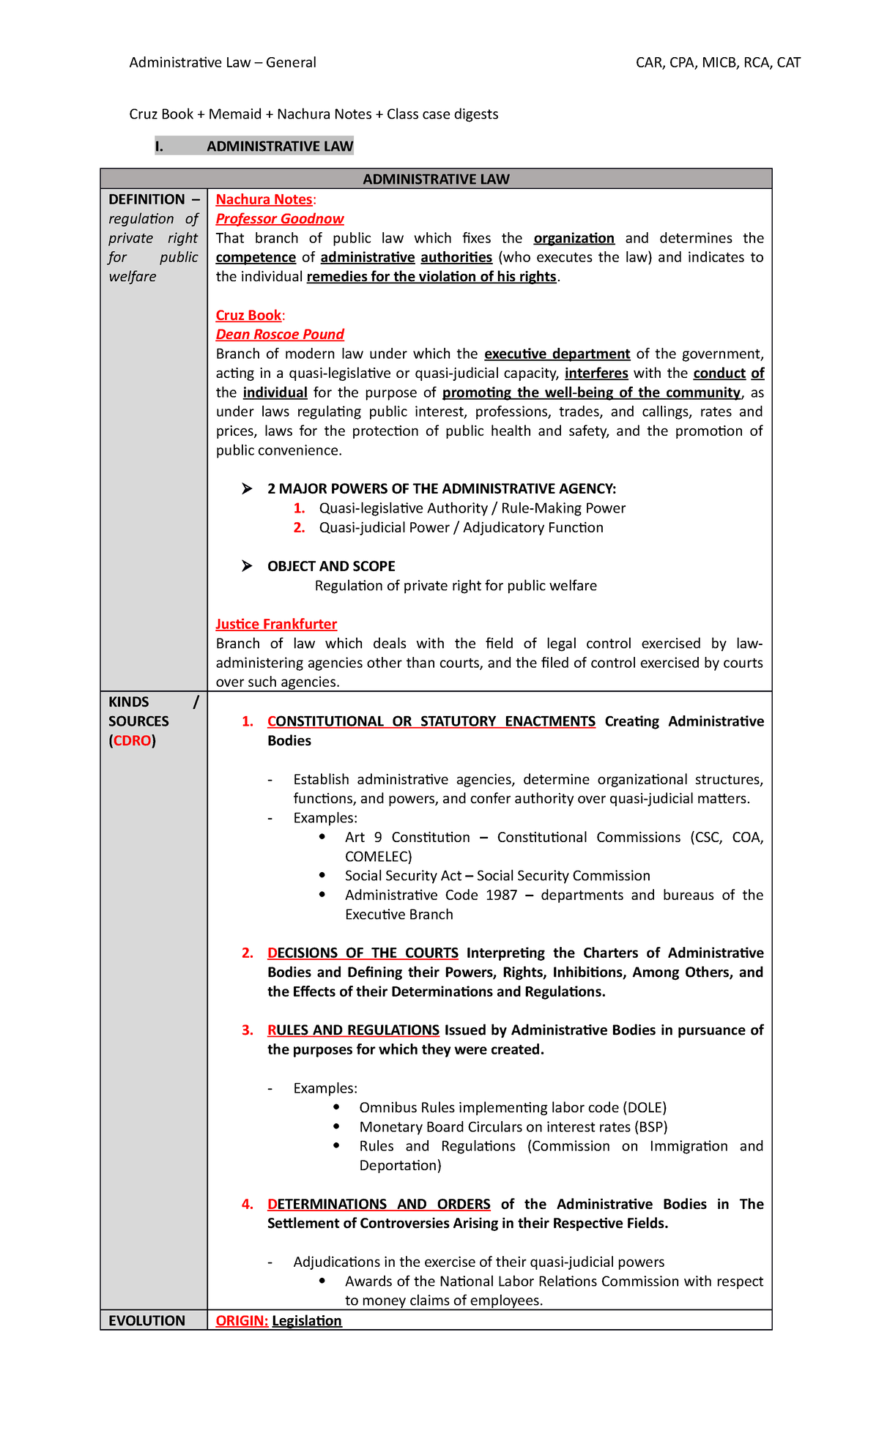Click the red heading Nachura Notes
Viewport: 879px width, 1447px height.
coord(264,199)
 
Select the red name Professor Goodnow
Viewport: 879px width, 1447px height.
coord(279,218)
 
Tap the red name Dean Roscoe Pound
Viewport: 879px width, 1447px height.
coord(279,334)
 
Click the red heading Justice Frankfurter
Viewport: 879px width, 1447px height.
coord(276,624)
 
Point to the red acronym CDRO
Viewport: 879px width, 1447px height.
coord(133,740)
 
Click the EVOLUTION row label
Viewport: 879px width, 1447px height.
coord(146,1320)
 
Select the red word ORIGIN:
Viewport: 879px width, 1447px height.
coord(242,1320)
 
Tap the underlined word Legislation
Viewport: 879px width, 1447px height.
coord(307,1320)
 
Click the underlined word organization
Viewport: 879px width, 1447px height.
coord(574,238)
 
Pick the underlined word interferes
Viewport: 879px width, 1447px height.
coord(596,373)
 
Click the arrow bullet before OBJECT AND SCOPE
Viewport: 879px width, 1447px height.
coord(247,566)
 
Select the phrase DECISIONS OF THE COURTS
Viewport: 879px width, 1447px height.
coord(363,953)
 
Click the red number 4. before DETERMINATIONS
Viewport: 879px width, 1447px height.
coord(248,1204)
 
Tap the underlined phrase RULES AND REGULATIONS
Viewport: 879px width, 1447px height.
coord(353,1030)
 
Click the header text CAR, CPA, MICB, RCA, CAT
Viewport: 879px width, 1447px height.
coord(718,62)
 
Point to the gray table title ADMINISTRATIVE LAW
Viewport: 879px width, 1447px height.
coord(436,179)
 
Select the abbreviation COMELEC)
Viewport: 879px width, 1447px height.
coord(378,856)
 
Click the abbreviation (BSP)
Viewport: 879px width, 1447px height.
coord(651,1126)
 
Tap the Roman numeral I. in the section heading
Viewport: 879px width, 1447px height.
coord(159,146)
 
